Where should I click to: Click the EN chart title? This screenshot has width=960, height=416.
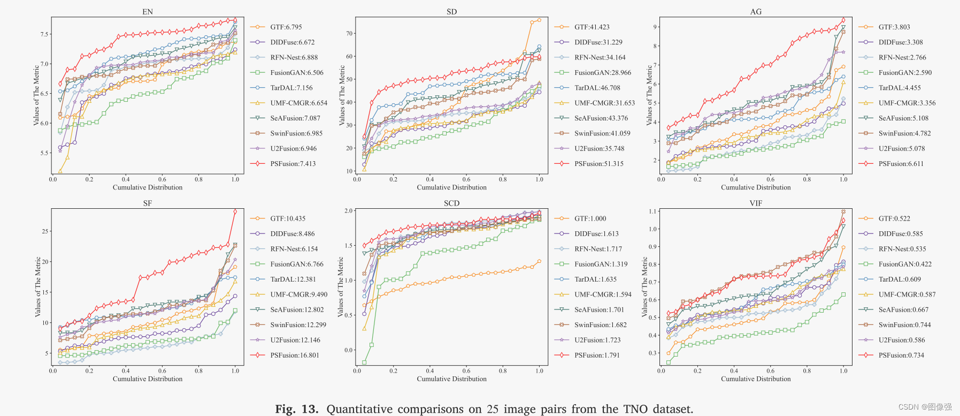(x=148, y=12)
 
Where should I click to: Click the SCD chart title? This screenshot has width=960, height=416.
(x=451, y=203)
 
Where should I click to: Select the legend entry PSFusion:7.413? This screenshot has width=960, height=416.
(x=293, y=164)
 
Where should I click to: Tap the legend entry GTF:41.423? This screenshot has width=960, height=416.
(x=592, y=27)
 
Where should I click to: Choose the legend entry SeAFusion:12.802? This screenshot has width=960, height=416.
(x=297, y=310)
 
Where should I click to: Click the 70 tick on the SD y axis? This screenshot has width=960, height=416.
(x=350, y=33)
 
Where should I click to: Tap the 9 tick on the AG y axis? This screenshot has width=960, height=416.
(x=655, y=27)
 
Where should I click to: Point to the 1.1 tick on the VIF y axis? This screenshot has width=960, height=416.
(x=652, y=211)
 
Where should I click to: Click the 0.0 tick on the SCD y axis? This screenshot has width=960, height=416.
(x=348, y=350)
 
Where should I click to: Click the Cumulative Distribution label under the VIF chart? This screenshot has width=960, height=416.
(x=755, y=379)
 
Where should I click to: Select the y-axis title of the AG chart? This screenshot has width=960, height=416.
(x=649, y=95)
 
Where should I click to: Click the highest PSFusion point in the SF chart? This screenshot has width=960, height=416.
(x=235, y=212)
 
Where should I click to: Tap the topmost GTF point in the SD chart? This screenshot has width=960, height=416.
(x=539, y=20)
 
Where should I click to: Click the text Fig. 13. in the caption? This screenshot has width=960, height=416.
(x=296, y=409)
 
